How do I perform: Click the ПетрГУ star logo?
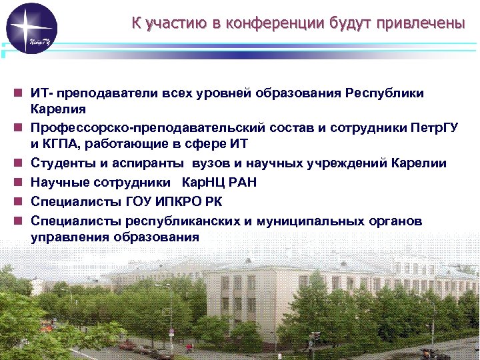click(x=31, y=29)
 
